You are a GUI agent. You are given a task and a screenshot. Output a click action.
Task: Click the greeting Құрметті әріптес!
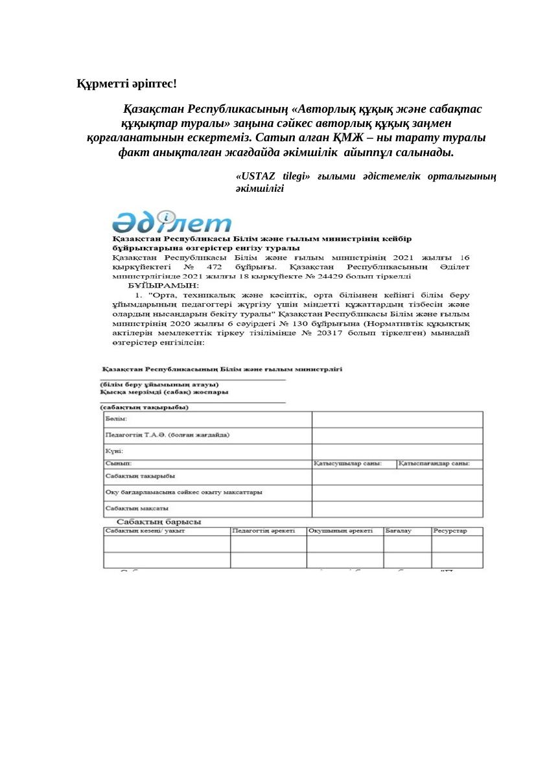(126, 84)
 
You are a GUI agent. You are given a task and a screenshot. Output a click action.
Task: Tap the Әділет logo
(171, 222)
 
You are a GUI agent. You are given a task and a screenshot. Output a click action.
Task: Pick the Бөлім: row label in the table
(116, 419)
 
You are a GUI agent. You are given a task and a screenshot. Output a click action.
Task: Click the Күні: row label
(114, 451)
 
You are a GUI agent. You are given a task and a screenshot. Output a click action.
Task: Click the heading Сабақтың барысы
(158, 522)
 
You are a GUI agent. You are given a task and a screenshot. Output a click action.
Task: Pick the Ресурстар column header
(450, 531)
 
